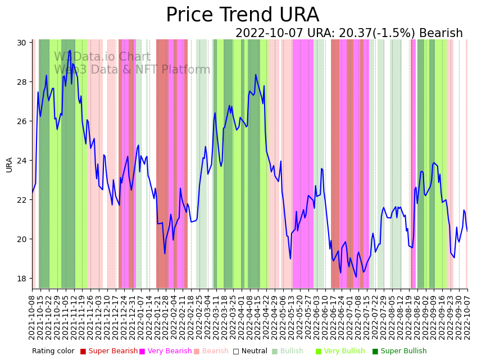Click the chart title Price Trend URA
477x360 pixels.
tap(242, 15)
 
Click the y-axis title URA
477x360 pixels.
tap(9, 165)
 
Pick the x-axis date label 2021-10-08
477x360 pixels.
tap(33, 316)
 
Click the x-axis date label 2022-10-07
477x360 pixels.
tap(467, 316)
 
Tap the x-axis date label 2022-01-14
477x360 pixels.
tap(149, 316)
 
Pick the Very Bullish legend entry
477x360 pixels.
tap(344, 352)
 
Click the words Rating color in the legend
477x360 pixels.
tap(53, 352)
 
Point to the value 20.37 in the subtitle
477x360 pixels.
tap(360, 34)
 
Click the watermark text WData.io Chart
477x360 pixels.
tap(102, 57)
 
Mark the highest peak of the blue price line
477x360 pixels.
tap(70, 51)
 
